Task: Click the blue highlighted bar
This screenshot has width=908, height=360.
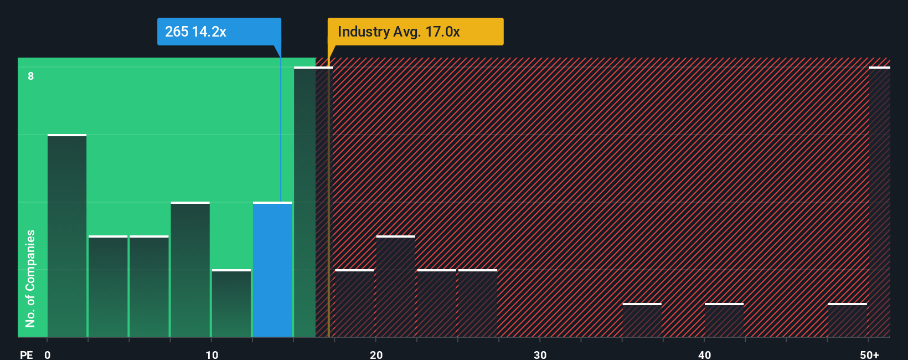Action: [x=272, y=270]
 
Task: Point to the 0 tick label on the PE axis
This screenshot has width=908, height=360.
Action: [x=48, y=354]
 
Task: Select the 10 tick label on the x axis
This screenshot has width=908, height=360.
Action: [x=211, y=354]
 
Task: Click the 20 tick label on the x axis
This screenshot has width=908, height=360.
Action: [x=376, y=354]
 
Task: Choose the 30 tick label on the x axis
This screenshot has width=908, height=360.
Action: [x=540, y=354]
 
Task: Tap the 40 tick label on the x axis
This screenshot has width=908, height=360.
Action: [x=704, y=354]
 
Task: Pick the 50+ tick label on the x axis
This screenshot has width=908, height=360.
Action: [x=869, y=354]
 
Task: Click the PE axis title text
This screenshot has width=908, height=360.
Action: [x=27, y=354]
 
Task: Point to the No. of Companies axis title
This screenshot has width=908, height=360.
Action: [x=30, y=278]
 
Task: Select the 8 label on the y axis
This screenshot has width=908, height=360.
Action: [x=31, y=76]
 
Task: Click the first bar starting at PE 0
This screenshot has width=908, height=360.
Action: [x=67, y=236]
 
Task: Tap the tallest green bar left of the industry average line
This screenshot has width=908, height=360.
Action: [x=305, y=202]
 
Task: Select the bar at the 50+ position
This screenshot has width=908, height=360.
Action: [x=879, y=202]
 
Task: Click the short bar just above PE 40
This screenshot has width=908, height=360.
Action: [x=724, y=320]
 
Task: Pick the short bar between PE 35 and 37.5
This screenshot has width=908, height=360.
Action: [x=642, y=320]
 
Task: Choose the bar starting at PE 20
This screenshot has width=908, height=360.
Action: [x=395, y=286]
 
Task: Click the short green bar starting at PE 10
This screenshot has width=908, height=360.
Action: [x=231, y=303]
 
